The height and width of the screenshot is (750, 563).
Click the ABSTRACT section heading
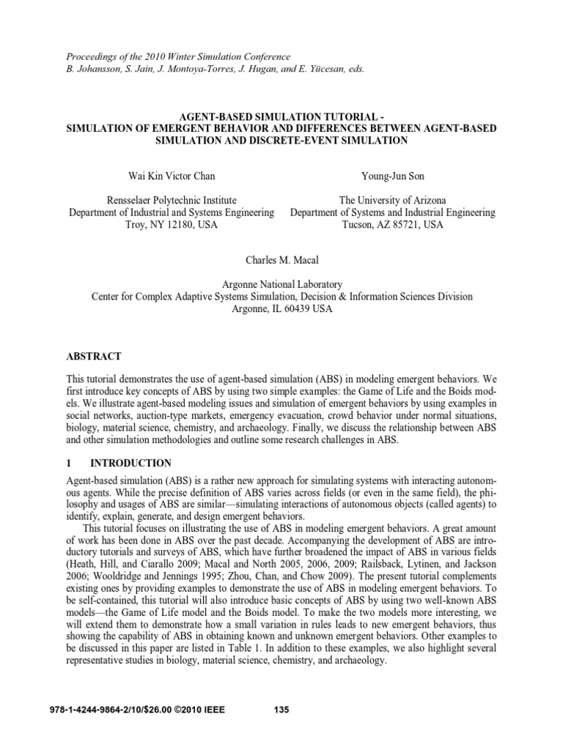click(x=94, y=356)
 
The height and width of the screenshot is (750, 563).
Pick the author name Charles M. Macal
click(x=281, y=259)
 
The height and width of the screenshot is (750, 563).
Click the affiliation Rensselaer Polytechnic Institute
click(x=171, y=200)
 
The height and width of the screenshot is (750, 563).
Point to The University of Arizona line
click(x=393, y=200)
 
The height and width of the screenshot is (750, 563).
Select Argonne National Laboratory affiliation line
click(x=281, y=284)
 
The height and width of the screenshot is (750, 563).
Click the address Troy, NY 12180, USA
click(x=171, y=225)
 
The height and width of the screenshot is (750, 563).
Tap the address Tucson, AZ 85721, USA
click(x=393, y=225)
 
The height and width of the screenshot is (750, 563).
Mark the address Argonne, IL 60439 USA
click(x=281, y=309)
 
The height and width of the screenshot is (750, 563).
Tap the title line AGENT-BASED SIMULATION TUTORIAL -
click(x=281, y=116)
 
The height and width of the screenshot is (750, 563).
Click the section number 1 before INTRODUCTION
click(x=69, y=463)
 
